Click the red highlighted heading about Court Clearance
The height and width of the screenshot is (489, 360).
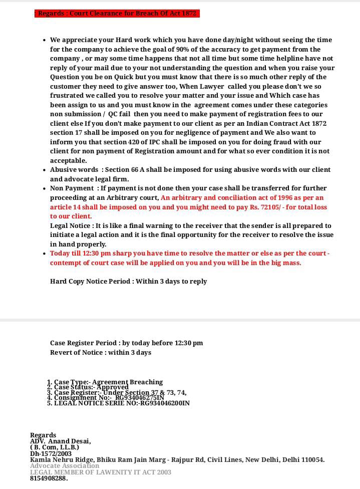pyautogui.click(x=117, y=14)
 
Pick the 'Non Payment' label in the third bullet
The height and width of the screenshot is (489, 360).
pyautogui.click(x=72, y=188)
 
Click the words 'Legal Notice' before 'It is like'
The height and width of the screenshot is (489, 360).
pyautogui.click(x=71, y=226)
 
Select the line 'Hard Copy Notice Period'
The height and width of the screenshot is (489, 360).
pyautogui.click(x=128, y=282)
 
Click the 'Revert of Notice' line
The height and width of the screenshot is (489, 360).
pyautogui.click(x=100, y=353)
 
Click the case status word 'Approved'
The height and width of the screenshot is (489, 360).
pyautogui.click(x=113, y=387)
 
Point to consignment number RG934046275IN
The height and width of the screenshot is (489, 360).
pyautogui.click(x=140, y=397)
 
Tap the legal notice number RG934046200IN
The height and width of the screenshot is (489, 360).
pyautogui.click(x=165, y=403)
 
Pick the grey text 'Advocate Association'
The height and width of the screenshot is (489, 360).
pyautogui.click(x=65, y=465)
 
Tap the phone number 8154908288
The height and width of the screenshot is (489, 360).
pyautogui.click(x=49, y=478)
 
